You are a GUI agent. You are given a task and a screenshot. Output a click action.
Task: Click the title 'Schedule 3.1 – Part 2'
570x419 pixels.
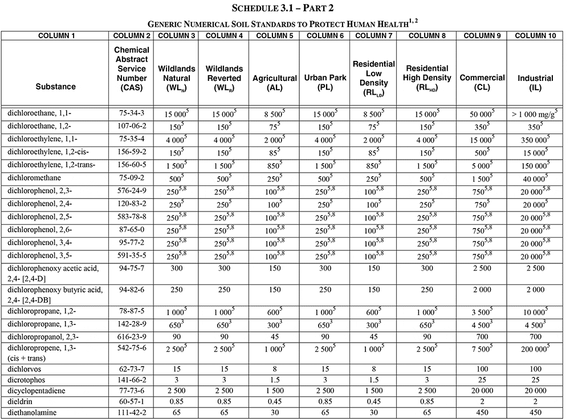[x=284, y=9]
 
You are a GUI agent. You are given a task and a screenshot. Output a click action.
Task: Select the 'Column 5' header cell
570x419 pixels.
[x=275, y=35]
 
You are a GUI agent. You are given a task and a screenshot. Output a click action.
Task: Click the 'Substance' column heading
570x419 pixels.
[x=55, y=87]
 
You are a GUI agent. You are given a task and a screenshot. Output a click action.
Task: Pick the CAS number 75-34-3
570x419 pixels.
[x=132, y=113]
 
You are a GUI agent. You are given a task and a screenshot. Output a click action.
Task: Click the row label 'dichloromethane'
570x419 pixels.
[x=35, y=178]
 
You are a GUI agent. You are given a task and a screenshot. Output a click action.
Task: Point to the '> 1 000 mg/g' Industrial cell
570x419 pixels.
[x=535, y=113]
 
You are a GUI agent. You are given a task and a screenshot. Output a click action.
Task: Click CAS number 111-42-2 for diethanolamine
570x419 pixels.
[x=132, y=412]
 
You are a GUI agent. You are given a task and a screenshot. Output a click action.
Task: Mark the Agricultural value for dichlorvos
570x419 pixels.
[x=275, y=369]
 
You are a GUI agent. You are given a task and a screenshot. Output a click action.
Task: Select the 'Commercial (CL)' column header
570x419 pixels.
[x=482, y=83]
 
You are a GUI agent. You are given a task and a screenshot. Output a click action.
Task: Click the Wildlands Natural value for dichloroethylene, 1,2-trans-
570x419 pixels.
[x=177, y=165]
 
